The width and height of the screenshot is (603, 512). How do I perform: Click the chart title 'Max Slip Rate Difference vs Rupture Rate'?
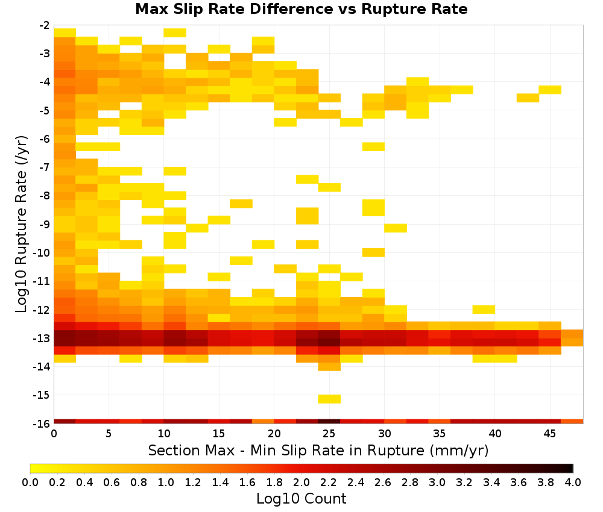tap(301, 9)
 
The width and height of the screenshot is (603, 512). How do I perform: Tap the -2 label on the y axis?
tap(45, 25)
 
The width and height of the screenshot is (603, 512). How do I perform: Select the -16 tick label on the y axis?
tap(42, 423)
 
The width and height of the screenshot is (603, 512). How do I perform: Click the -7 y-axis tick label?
tap(45, 167)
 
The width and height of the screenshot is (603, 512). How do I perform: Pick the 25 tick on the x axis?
tap(329, 434)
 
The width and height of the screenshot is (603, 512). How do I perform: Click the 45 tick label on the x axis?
tap(549, 434)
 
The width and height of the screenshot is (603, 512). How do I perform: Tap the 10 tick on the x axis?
tap(164, 434)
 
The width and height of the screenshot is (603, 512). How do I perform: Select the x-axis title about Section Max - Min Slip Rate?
tap(318, 451)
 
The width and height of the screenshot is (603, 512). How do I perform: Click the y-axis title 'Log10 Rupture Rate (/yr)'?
tap(22, 224)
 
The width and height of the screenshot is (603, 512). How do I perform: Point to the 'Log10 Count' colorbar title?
tap(301, 499)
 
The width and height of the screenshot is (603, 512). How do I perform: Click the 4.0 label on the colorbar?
tap(573, 482)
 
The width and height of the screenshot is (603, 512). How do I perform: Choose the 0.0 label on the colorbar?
tap(30, 482)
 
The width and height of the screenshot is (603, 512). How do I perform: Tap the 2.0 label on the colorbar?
tap(301, 482)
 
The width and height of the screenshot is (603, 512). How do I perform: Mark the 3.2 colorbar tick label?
tap(464, 482)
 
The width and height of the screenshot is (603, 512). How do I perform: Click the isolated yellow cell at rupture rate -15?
tap(329, 399)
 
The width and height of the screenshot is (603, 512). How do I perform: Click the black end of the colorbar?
tap(570, 468)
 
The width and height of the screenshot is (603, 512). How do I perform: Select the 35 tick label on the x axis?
tap(439, 434)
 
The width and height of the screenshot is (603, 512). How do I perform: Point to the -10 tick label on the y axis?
tap(42, 253)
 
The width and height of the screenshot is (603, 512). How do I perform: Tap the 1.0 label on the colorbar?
tap(166, 482)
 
